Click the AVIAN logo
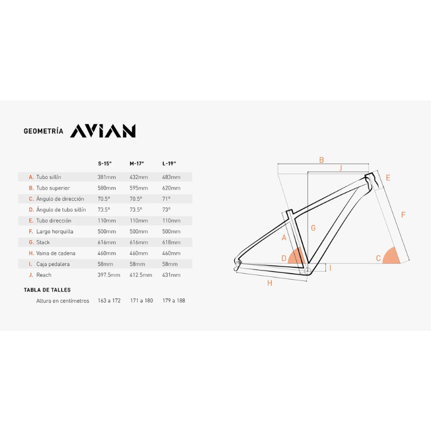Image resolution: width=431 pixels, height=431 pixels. (x=103, y=131)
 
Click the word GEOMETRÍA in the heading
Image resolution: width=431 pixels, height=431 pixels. (x=44, y=131)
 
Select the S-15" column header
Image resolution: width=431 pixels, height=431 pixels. (x=105, y=164)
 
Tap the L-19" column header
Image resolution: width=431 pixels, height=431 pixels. (x=169, y=164)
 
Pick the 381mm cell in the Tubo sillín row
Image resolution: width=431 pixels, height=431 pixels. (x=107, y=177)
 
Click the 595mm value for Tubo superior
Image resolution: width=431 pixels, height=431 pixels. (x=138, y=188)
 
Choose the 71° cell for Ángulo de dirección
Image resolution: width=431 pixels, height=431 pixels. (x=166, y=199)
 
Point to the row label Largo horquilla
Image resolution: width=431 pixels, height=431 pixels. (x=55, y=232)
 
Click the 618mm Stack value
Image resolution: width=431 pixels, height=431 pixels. (x=171, y=242)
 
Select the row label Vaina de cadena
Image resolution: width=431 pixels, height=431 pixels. (x=55, y=253)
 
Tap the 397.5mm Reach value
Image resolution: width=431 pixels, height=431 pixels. (x=109, y=275)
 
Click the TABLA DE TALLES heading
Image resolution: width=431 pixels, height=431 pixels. (x=47, y=290)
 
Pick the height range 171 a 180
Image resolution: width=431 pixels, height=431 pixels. (x=142, y=301)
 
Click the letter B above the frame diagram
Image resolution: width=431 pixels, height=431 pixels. (x=321, y=160)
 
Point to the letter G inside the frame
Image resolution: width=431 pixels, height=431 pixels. (x=313, y=227)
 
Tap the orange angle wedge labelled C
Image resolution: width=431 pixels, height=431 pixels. (x=391, y=257)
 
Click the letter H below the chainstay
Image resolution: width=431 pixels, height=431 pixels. (x=270, y=283)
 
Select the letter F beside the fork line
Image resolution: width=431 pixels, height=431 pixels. (x=403, y=214)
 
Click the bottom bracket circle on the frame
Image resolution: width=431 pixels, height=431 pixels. (x=307, y=272)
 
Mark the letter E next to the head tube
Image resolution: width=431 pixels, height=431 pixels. (x=388, y=178)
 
